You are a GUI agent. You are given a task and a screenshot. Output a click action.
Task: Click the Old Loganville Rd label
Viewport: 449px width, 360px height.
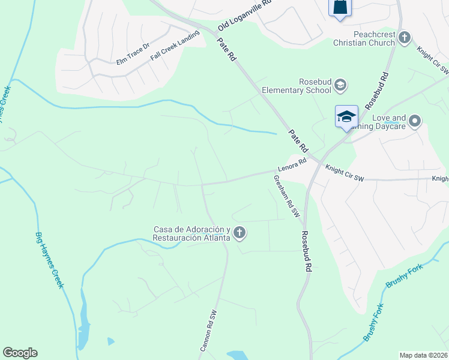(x=244, y=16)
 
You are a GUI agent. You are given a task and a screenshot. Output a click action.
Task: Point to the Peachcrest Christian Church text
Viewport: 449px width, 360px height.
(x=366, y=39)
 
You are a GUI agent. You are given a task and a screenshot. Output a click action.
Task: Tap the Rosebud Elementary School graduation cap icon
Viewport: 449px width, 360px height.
(x=340, y=85)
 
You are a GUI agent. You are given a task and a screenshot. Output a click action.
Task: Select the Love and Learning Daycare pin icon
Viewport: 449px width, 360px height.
(x=415, y=122)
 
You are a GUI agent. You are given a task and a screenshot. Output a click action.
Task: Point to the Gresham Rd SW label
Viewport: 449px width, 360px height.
(x=286, y=196)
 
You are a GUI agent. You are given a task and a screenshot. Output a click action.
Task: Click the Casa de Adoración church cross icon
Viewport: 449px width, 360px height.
(x=240, y=233)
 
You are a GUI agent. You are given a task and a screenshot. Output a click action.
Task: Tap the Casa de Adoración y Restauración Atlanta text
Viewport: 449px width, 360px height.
(x=192, y=233)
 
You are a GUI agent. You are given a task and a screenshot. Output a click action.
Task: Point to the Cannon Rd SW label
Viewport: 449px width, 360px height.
(x=208, y=331)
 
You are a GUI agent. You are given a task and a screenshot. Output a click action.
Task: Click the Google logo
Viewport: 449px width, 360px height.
(x=20, y=353)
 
